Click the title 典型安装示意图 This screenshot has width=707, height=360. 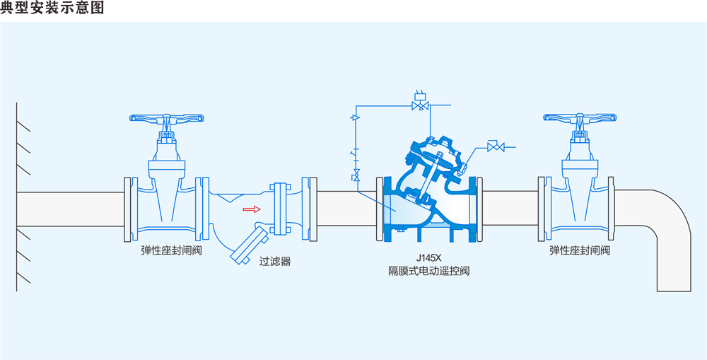point(52,8)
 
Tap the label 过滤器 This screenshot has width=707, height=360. point(275,261)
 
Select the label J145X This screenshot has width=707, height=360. point(428,258)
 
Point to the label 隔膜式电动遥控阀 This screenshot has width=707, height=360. point(428,271)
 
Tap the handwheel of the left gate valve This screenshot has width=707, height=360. point(167,118)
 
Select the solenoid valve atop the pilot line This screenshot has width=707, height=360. point(421,105)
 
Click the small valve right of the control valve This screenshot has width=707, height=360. point(499,147)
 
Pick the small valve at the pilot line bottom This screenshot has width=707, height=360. point(356,174)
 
